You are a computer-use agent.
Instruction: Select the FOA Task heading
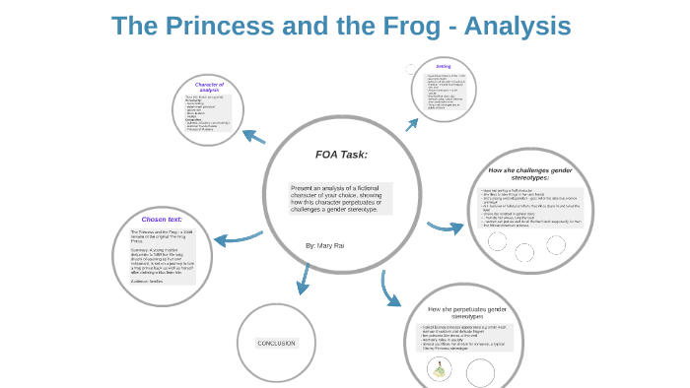340,155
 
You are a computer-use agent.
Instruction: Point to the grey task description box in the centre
340,198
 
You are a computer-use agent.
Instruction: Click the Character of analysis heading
210,88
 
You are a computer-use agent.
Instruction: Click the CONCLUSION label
276,343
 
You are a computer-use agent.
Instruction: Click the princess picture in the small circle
439,370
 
